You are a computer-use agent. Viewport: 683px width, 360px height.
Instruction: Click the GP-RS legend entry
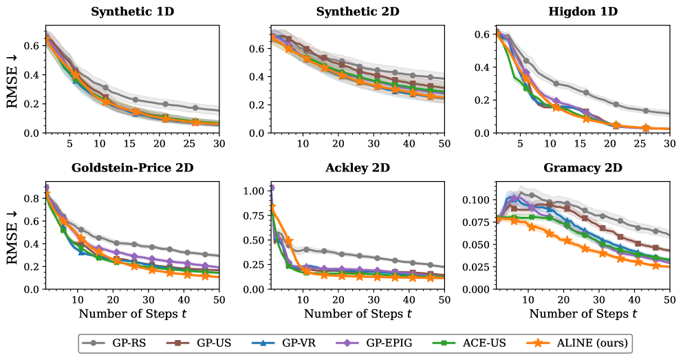point(123,343)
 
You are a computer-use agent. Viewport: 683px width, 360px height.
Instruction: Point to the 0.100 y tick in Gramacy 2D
point(473,200)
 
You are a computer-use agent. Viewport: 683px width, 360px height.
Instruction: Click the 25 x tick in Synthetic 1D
point(195,144)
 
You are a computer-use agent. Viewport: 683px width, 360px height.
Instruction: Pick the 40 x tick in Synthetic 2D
point(409,144)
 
